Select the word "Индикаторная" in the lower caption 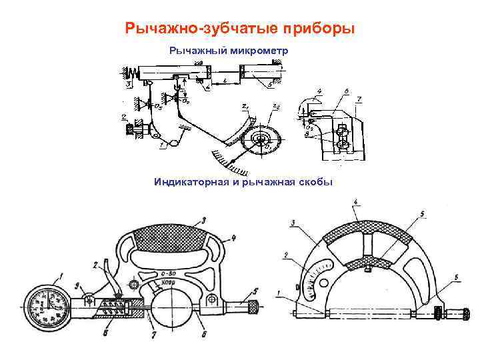[x=189, y=181]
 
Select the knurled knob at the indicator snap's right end [x=253, y=308]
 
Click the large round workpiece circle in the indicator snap [x=175, y=310]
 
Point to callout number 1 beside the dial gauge [x=62, y=272]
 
